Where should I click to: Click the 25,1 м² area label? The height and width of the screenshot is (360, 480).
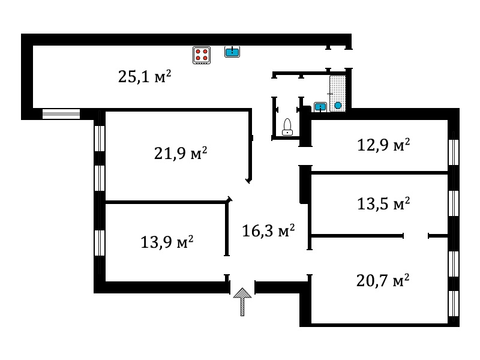click(145, 76)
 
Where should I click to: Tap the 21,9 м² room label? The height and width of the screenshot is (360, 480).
click(181, 153)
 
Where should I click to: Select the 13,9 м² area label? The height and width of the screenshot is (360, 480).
click(167, 242)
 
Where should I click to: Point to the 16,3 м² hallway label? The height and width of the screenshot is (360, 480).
click(268, 230)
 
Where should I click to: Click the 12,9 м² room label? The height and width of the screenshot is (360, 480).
click(383, 145)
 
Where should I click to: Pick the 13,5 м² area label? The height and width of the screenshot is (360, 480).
click(383, 203)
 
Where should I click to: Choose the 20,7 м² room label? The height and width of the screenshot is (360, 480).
click(383, 280)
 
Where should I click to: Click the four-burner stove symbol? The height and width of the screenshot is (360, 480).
click(202, 55)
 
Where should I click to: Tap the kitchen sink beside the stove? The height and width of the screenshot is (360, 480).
click(232, 52)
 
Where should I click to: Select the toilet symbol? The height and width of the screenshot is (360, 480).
click(287, 127)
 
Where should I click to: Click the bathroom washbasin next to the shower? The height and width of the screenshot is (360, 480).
click(320, 107)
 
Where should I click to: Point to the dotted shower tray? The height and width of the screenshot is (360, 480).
click(338, 94)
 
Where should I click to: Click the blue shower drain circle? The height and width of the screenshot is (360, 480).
click(338, 106)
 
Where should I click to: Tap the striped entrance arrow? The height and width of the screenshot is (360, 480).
click(242, 302)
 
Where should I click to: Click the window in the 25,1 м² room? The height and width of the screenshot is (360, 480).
click(61, 114)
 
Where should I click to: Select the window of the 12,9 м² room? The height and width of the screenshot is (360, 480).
click(454, 153)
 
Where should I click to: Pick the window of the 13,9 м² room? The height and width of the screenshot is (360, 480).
click(100, 243)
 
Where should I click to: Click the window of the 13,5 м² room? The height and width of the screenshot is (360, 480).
click(454, 203)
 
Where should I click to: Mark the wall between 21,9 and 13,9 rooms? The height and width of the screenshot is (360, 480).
click(166, 202)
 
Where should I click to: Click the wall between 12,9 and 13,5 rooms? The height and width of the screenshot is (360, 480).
click(380, 173)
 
